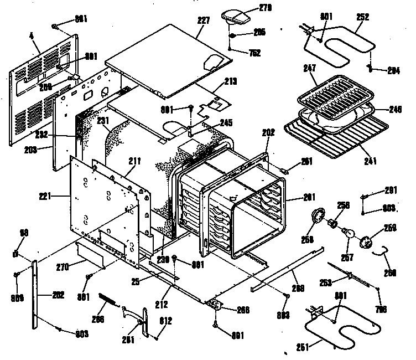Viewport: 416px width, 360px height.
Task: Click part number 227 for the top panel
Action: pos(204,21)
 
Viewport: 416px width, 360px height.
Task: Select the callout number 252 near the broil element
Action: pos(363,17)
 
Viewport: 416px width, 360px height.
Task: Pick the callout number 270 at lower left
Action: pos(62,267)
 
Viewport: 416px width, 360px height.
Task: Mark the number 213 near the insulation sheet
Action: pos(230,81)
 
